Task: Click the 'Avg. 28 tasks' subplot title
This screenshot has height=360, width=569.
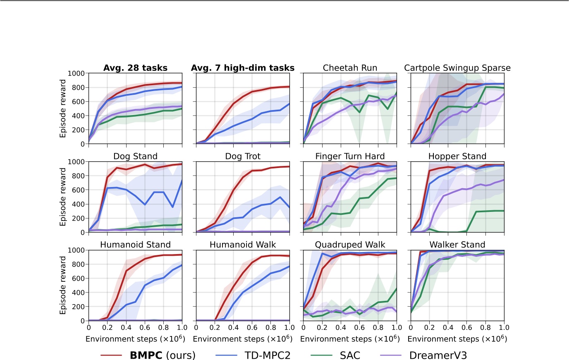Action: [x=135, y=68]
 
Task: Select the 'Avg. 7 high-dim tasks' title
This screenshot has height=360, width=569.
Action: [x=243, y=68]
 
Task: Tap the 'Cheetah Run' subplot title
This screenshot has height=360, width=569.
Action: [x=350, y=68]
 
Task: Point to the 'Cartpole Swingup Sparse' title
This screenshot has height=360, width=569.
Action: [x=457, y=68]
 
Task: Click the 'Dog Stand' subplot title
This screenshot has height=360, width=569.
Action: [x=135, y=156]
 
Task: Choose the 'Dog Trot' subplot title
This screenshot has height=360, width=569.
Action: [x=243, y=156]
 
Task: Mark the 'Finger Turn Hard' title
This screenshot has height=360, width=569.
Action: [x=350, y=156]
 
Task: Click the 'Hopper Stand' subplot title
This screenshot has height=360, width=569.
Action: [x=457, y=156]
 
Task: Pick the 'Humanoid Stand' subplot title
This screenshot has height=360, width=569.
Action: [x=135, y=245]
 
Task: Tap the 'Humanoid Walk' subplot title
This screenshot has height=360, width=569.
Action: [x=243, y=245]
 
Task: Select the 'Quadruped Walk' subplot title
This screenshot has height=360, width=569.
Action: [x=350, y=245]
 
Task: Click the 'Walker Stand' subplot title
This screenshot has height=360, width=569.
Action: [x=457, y=245]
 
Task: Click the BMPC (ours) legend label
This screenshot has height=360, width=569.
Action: [x=163, y=355]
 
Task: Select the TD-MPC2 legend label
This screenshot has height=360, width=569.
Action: [x=268, y=355]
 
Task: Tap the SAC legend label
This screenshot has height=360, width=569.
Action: [x=350, y=355]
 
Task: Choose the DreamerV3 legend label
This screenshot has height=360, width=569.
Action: [x=438, y=355]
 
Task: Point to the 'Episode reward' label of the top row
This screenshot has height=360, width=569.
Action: [x=63, y=108]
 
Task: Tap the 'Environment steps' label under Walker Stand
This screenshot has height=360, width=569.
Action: [x=457, y=339]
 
